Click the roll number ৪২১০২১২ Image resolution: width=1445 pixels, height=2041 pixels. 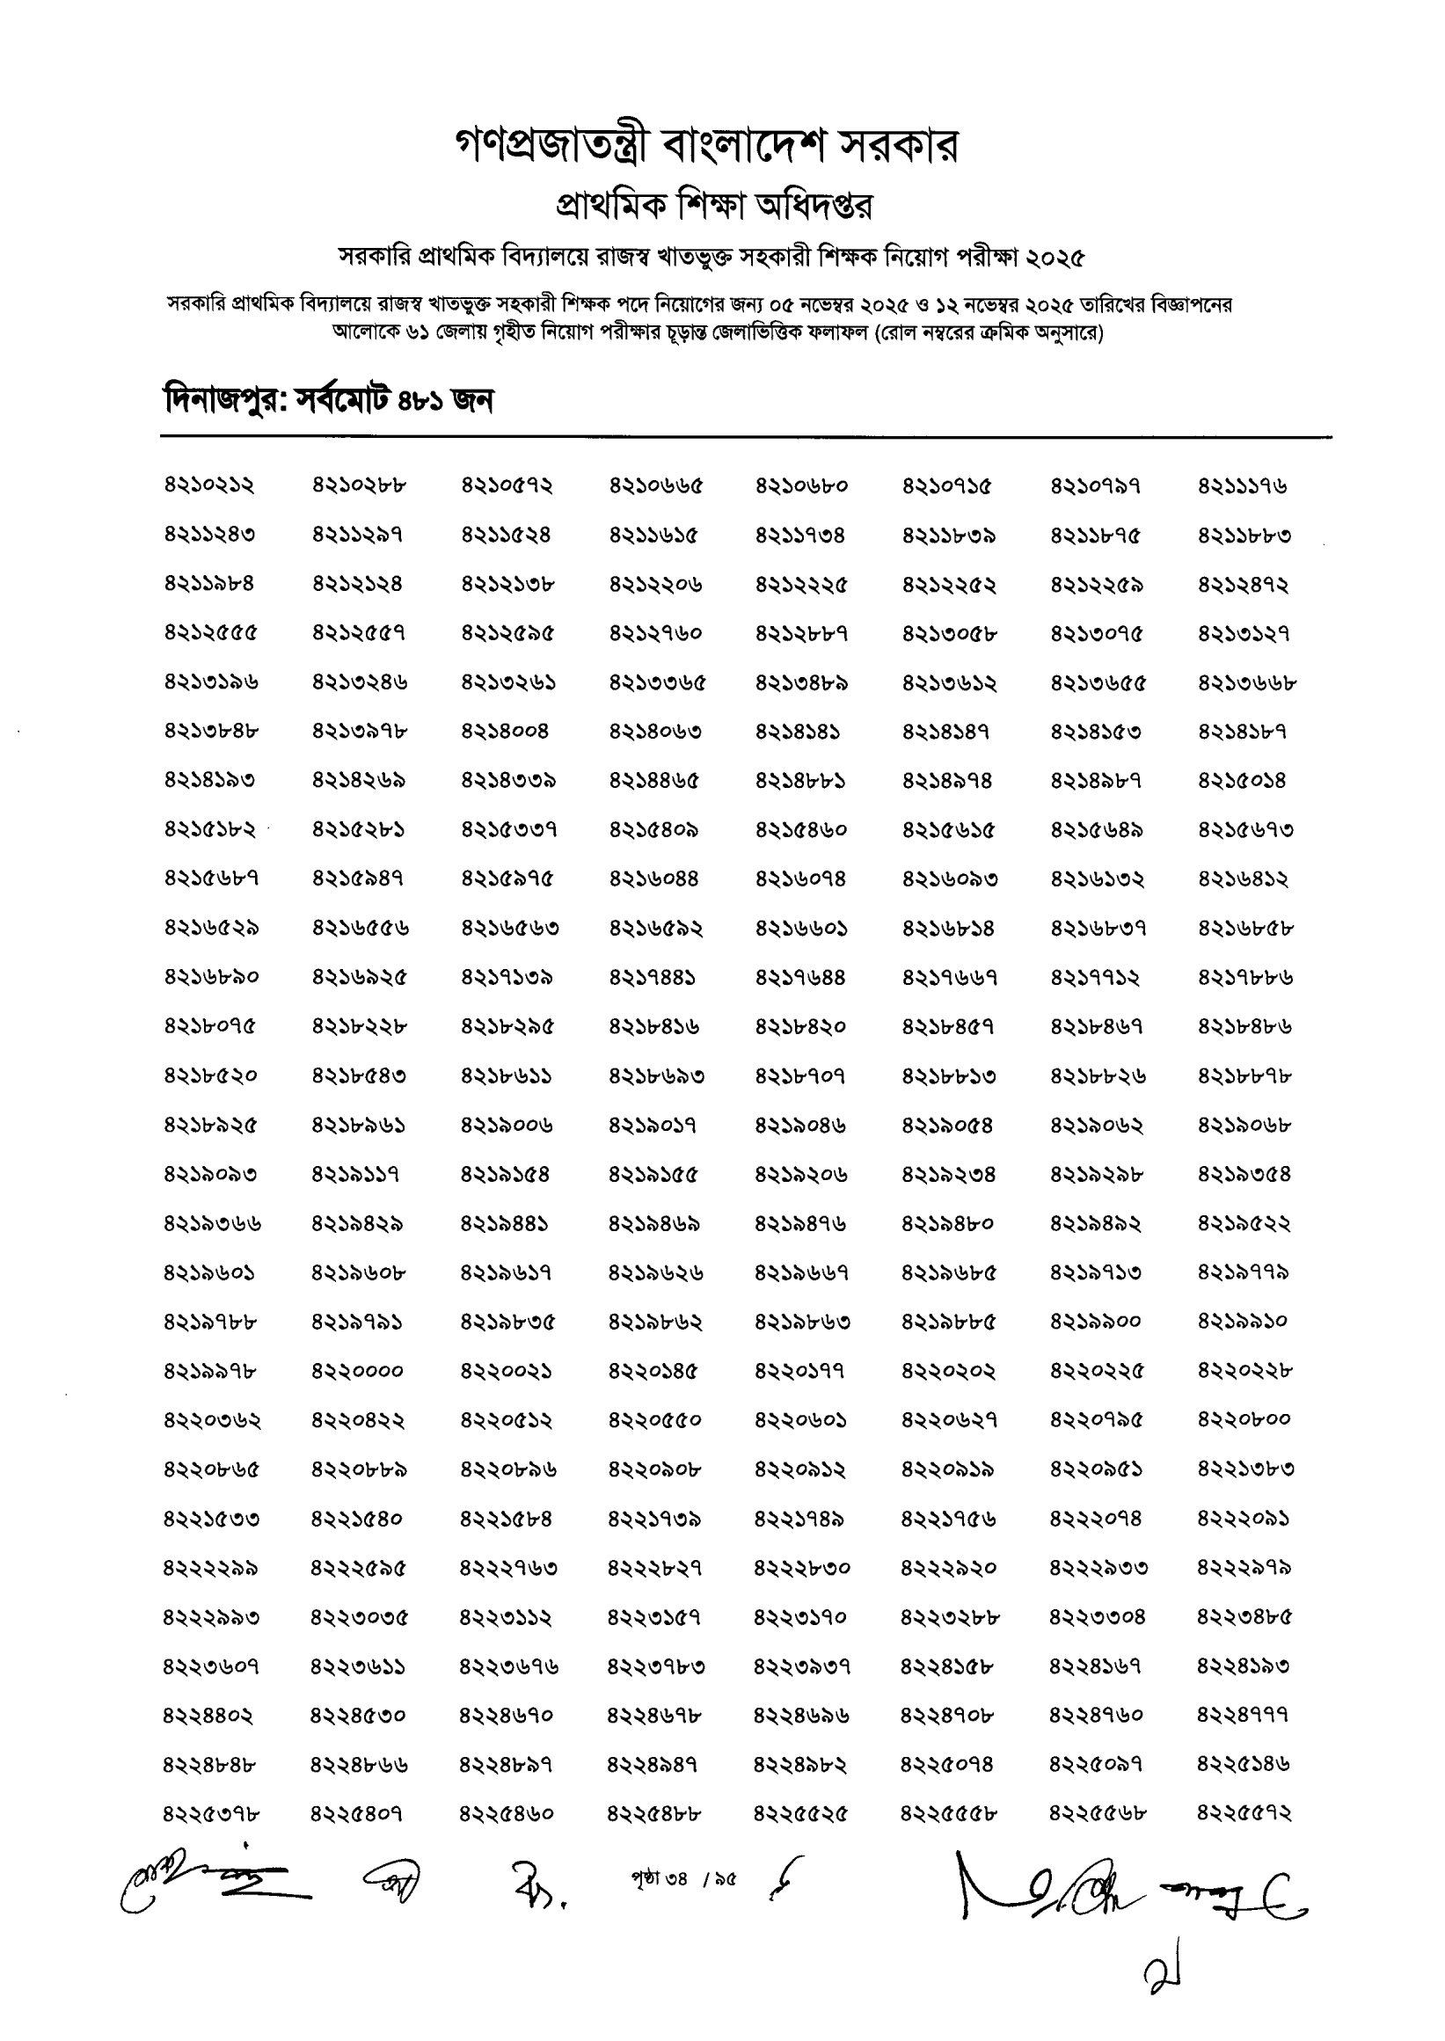pyautogui.click(x=209, y=485)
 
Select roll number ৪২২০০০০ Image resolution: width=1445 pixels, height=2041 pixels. pyautogui.click(x=358, y=1371)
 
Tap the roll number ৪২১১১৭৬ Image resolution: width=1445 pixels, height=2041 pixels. pyautogui.click(x=1243, y=485)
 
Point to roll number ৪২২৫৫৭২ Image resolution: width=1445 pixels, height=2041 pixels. pyautogui.click(x=1243, y=1813)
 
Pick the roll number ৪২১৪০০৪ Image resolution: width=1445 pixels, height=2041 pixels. pyautogui.click(x=506, y=732)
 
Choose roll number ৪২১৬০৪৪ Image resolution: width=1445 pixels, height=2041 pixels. pyautogui.click(x=654, y=879)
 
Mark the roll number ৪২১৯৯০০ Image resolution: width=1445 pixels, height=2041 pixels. pyautogui.click(x=1095, y=1321)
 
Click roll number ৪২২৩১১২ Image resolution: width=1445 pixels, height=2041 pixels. pyautogui.click(x=506, y=1616)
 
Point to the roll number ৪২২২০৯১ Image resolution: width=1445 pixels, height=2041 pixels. pyautogui.click(x=1243, y=1519)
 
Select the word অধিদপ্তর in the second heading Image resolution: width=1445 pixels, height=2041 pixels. pyautogui.click(x=814, y=207)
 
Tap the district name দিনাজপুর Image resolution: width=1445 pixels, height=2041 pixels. pyautogui.click(x=223, y=401)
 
